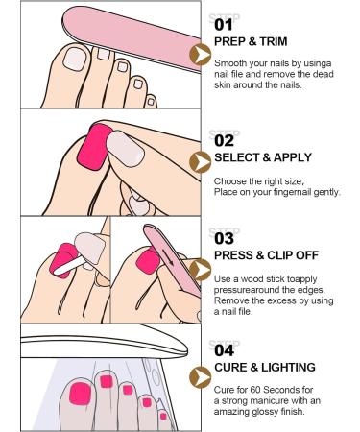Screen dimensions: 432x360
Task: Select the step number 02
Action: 222,141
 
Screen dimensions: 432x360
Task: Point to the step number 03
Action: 222,237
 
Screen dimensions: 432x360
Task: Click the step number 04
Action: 222,350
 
